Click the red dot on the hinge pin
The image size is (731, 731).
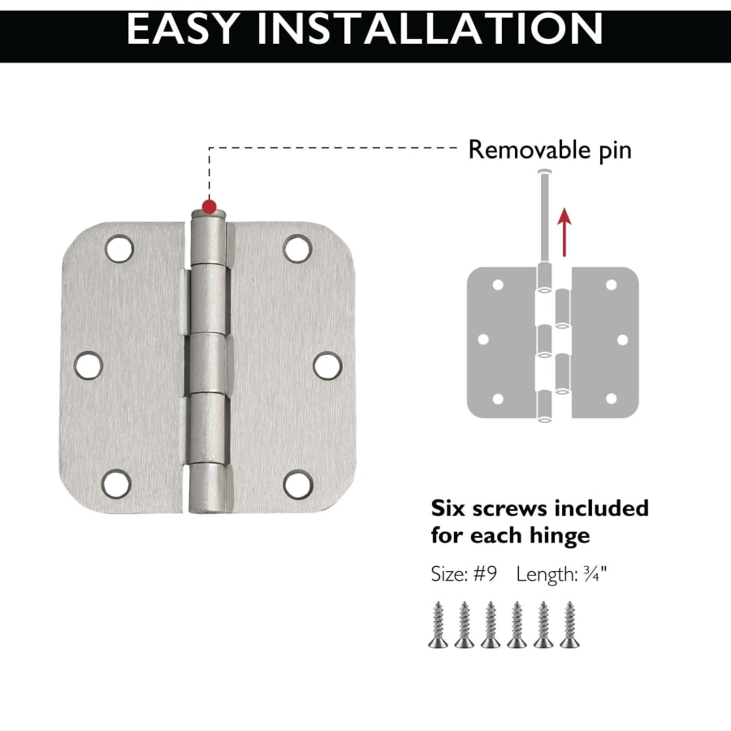pyautogui.click(x=210, y=206)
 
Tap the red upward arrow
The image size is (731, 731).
pyautogui.click(x=564, y=232)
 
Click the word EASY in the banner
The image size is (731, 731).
pyautogui.click(x=184, y=29)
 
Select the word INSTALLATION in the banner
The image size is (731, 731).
pyautogui.click(x=430, y=29)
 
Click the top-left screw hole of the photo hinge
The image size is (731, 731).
pyautogui.click(x=119, y=249)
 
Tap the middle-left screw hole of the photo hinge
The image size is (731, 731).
pyautogui.click(x=88, y=365)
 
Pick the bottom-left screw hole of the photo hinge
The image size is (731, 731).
pyautogui.click(x=116, y=483)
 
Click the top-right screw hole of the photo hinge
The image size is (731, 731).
pyautogui.click(x=297, y=249)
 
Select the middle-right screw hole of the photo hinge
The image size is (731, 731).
pyautogui.click(x=328, y=365)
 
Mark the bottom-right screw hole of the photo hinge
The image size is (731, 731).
pyautogui.click(x=298, y=484)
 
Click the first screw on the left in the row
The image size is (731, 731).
pyautogui.click(x=439, y=625)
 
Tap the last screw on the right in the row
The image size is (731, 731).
pyautogui.click(x=569, y=625)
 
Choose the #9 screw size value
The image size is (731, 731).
pyautogui.click(x=486, y=574)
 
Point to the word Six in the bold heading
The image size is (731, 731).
pyautogui.click(x=448, y=508)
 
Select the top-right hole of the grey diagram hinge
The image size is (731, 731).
pyautogui.click(x=611, y=285)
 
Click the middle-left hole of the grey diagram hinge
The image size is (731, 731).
pyautogui.click(x=483, y=340)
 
